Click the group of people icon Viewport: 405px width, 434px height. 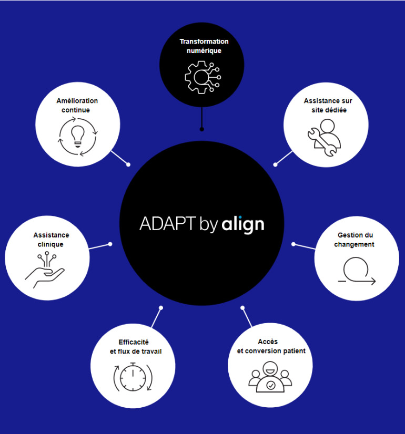270,377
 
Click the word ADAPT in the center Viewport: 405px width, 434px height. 167,223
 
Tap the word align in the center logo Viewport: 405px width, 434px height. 242,224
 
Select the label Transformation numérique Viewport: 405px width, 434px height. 204,46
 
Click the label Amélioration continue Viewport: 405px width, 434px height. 77,105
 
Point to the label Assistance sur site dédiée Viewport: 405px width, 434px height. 328,105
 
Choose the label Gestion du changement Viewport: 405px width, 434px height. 356,240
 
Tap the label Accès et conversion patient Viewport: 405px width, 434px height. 268,346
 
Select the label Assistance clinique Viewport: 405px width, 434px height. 50,240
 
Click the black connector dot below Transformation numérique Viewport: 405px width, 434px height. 201,129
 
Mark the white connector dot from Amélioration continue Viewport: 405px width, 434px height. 128,164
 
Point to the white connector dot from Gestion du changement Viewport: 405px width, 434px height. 293,244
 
